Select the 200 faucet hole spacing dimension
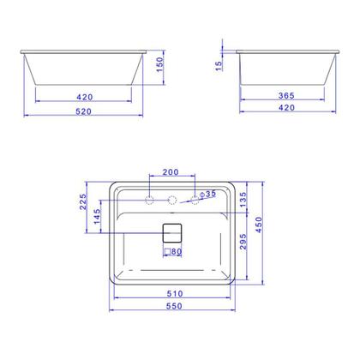[172, 172]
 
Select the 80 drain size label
[177, 253]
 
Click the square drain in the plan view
[172, 232]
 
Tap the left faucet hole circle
[151, 201]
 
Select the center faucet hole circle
[172, 201]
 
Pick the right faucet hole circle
[194, 201]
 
